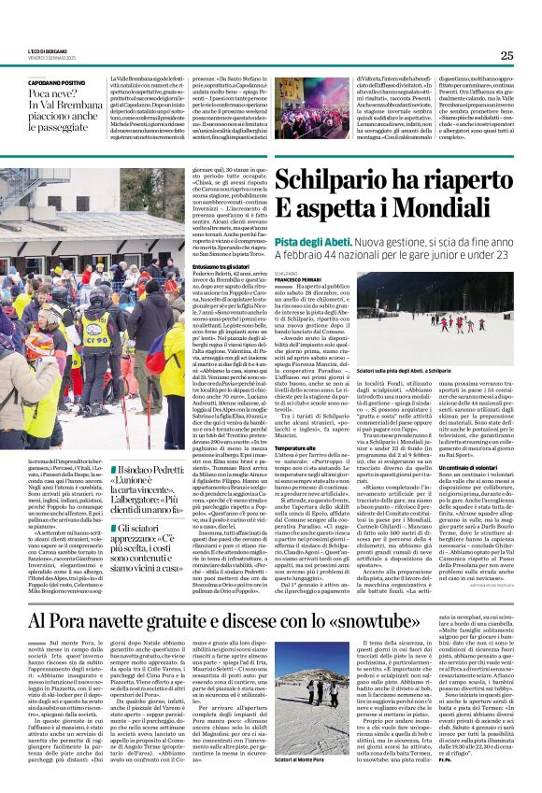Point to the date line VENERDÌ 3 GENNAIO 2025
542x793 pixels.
(x=48, y=59)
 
